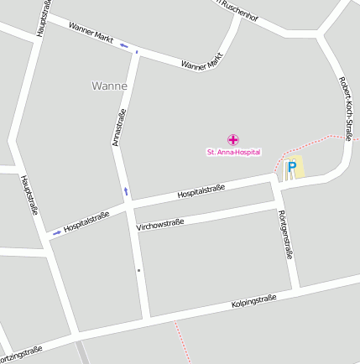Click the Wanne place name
coord(109,86)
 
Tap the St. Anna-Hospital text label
coord(233,152)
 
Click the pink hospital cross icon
coord(233,139)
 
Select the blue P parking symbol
coord(292,167)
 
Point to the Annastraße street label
coord(119,127)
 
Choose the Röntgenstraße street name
coord(286,234)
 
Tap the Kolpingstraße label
coord(253,301)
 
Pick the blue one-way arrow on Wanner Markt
coord(124,44)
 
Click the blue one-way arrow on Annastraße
coord(126,192)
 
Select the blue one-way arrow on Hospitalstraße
coord(56,231)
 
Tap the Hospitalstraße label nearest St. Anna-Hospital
coord(201,192)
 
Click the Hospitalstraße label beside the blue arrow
coord(86,221)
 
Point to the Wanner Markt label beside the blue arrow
coord(91,34)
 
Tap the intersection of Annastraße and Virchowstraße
coord(136,229)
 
